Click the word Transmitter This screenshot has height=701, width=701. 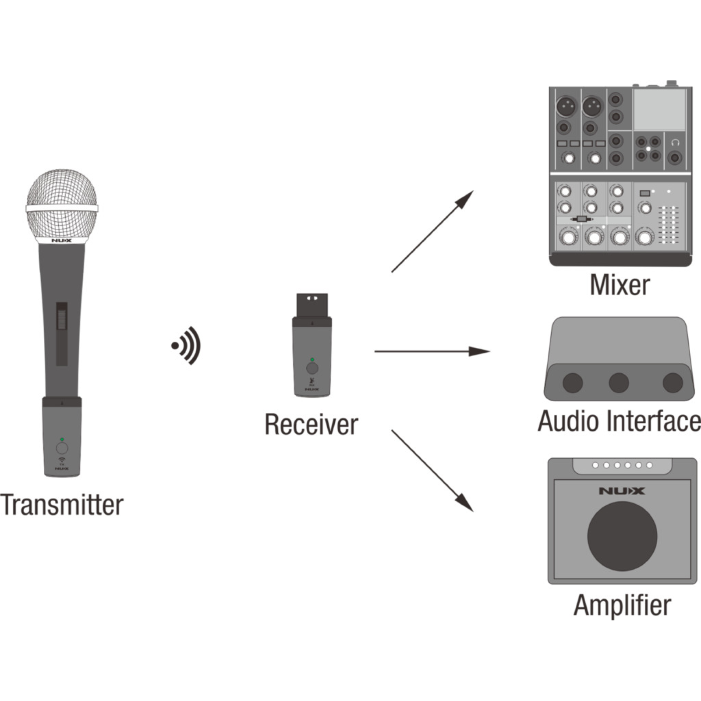pyautogui.click(x=62, y=505)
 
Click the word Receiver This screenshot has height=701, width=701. pyautogui.click(x=311, y=425)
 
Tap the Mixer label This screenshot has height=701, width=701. pyautogui.click(x=620, y=285)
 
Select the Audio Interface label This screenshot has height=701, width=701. pyautogui.click(x=619, y=421)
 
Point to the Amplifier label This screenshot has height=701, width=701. pyautogui.click(x=622, y=605)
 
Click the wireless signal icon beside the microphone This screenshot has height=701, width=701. pyautogui.click(x=187, y=346)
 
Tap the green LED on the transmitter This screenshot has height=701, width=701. pyautogui.click(x=62, y=439)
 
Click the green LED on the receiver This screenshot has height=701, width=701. pyautogui.click(x=312, y=360)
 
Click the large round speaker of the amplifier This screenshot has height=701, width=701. pyautogui.click(x=622, y=536)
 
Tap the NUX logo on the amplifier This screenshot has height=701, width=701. pyautogui.click(x=622, y=491)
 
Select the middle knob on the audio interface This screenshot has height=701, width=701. pyautogui.click(x=619, y=382)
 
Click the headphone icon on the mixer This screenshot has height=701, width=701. pyautogui.click(x=675, y=142)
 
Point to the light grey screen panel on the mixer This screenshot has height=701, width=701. pyautogui.click(x=659, y=109)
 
